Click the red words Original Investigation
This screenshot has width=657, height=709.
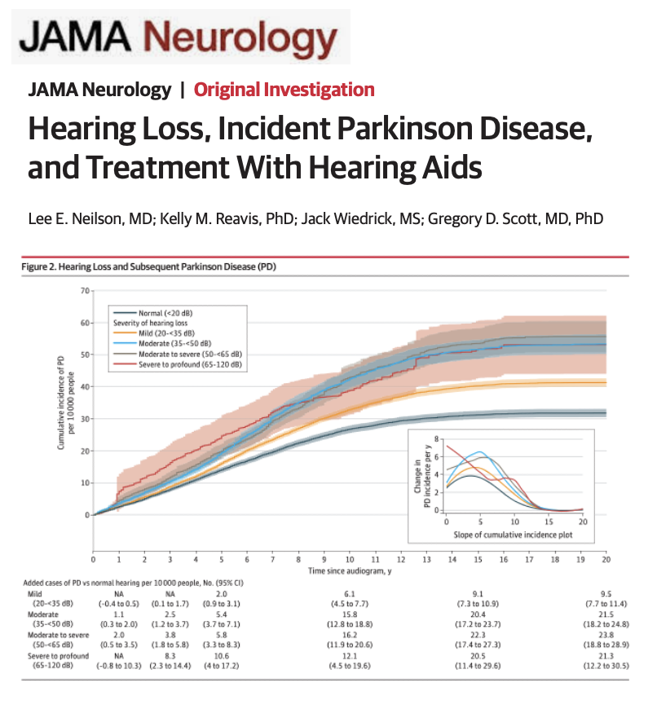pyautogui.click(x=284, y=90)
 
